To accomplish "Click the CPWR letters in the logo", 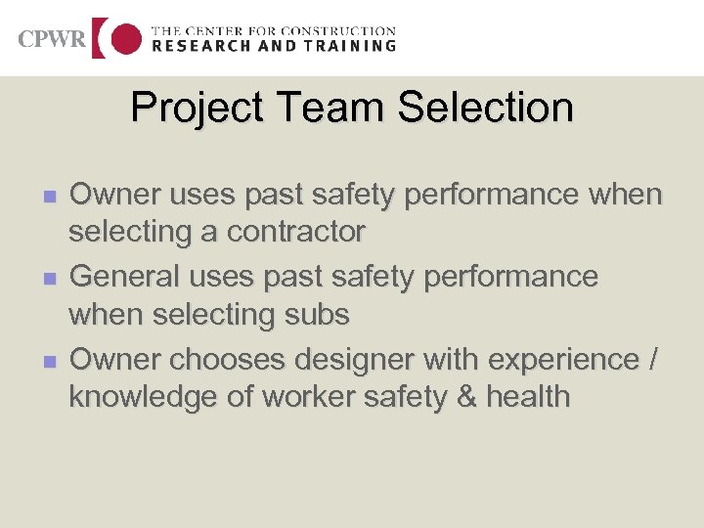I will point(52,40).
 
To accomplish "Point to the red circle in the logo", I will point(126,39).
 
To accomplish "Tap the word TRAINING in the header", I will point(350,46).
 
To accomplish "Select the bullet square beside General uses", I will point(50,279).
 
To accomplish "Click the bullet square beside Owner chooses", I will point(50,362).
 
